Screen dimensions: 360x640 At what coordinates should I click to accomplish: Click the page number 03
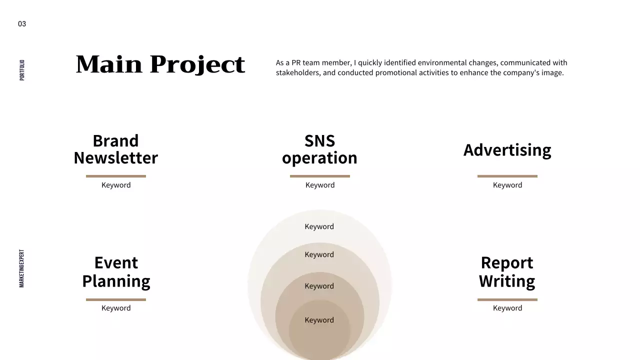(22, 24)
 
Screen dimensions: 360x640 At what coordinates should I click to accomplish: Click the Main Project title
(160, 64)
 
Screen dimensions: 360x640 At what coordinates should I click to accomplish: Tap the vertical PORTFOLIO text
(22, 70)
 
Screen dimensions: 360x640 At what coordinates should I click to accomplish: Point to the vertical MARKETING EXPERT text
(22, 268)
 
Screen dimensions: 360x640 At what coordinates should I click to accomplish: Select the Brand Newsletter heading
(116, 149)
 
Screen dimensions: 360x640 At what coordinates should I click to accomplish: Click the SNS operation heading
(319, 149)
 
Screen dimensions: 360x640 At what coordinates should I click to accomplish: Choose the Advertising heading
(507, 150)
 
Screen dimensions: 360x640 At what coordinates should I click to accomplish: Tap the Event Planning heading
(116, 271)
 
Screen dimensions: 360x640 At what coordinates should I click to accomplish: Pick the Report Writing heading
(507, 271)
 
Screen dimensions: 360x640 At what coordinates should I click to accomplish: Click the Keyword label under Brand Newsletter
(116, 185)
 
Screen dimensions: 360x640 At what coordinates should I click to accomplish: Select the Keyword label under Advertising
(507, 185)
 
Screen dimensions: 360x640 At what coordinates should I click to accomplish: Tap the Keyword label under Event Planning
(116, 308)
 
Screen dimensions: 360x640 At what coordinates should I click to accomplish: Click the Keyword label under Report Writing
(507, 308)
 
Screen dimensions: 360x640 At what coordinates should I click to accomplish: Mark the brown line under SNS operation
(319, 176)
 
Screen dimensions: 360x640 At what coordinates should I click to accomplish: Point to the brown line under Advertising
(507, 176)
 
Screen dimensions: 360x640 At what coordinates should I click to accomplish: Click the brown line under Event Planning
(116, 299)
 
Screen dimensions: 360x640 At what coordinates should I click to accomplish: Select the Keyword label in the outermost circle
(319, 226)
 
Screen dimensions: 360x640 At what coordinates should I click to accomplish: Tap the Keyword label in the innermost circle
(319, 320)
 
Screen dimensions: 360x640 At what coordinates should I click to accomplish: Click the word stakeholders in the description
(298, 73)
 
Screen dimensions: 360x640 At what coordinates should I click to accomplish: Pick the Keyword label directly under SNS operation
(320, 185)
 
